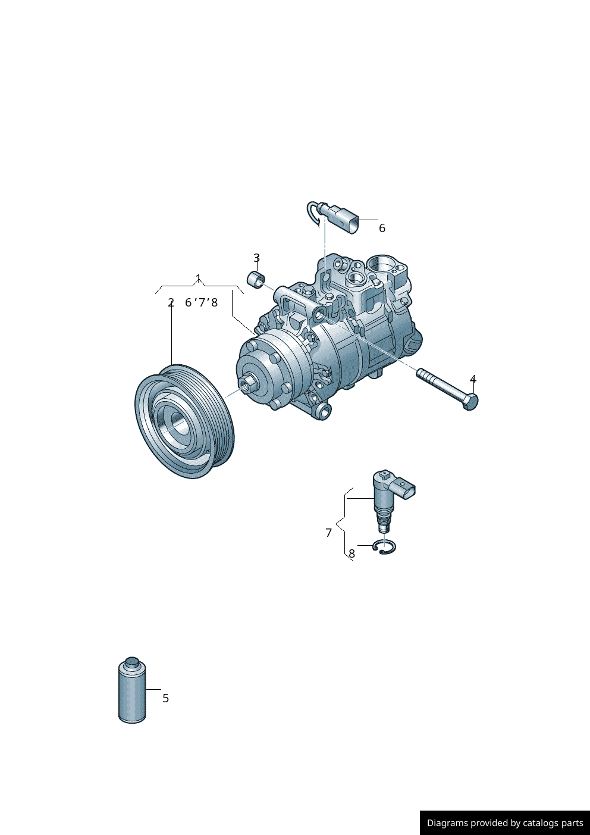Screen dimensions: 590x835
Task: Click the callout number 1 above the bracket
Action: coord(198,278)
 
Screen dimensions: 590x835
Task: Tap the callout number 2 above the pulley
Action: coord(171,302)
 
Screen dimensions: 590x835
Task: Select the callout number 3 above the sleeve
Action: coord(256,258)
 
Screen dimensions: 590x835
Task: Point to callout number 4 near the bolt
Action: coord(473,379)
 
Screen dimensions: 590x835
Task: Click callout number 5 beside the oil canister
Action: coord(166,698)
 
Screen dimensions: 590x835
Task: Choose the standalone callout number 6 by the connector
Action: coord(382,228)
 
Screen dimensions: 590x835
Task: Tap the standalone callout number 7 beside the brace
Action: coord(328,533)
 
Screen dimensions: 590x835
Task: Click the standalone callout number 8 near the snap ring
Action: coord(352,554)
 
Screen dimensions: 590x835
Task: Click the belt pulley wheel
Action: coord(185,421)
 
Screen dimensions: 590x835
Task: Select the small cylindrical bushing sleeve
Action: coord(256,280)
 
